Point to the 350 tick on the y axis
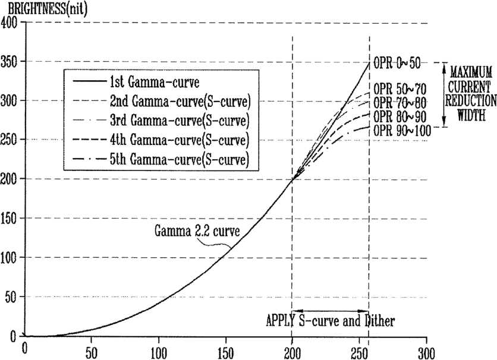tap(9, 61)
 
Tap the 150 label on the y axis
tap(9, 218)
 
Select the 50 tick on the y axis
tap(12, 296)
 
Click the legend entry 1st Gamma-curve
tap(136, 83)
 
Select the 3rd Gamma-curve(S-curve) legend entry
tap(161, 121)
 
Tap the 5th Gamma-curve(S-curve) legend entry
tap(161, 159)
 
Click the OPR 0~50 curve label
tap(397, 63)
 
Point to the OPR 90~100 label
tap(402, 130)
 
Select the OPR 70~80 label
tap(400, 103)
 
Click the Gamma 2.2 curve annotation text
tap(197, 231)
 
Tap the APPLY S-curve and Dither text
tap(331, 321)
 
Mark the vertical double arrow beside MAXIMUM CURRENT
tap(444, 94)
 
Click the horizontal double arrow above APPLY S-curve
tap(330, 311)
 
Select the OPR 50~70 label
tap(400, 89)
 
